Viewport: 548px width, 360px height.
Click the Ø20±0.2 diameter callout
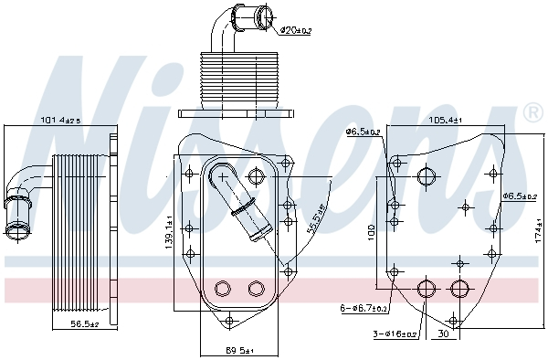point(295,30)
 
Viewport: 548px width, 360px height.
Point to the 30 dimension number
point(442,334)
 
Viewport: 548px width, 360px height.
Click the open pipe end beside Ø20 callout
point(266,16)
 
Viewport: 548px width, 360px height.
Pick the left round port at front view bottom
point(221,289)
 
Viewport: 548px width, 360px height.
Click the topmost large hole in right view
point(427,176)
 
